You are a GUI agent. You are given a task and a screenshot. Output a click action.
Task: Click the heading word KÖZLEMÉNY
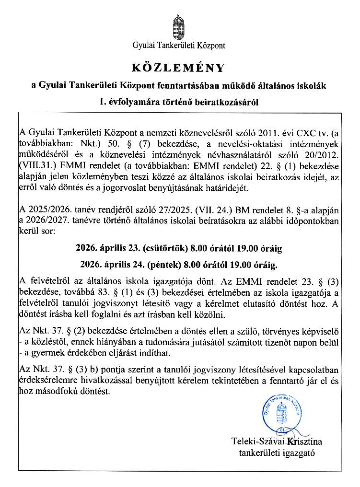(x=179, y=67)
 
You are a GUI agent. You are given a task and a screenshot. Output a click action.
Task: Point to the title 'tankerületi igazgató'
(x=277, y=452)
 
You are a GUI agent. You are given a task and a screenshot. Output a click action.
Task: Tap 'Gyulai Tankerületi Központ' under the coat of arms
(x=179, y=46)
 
